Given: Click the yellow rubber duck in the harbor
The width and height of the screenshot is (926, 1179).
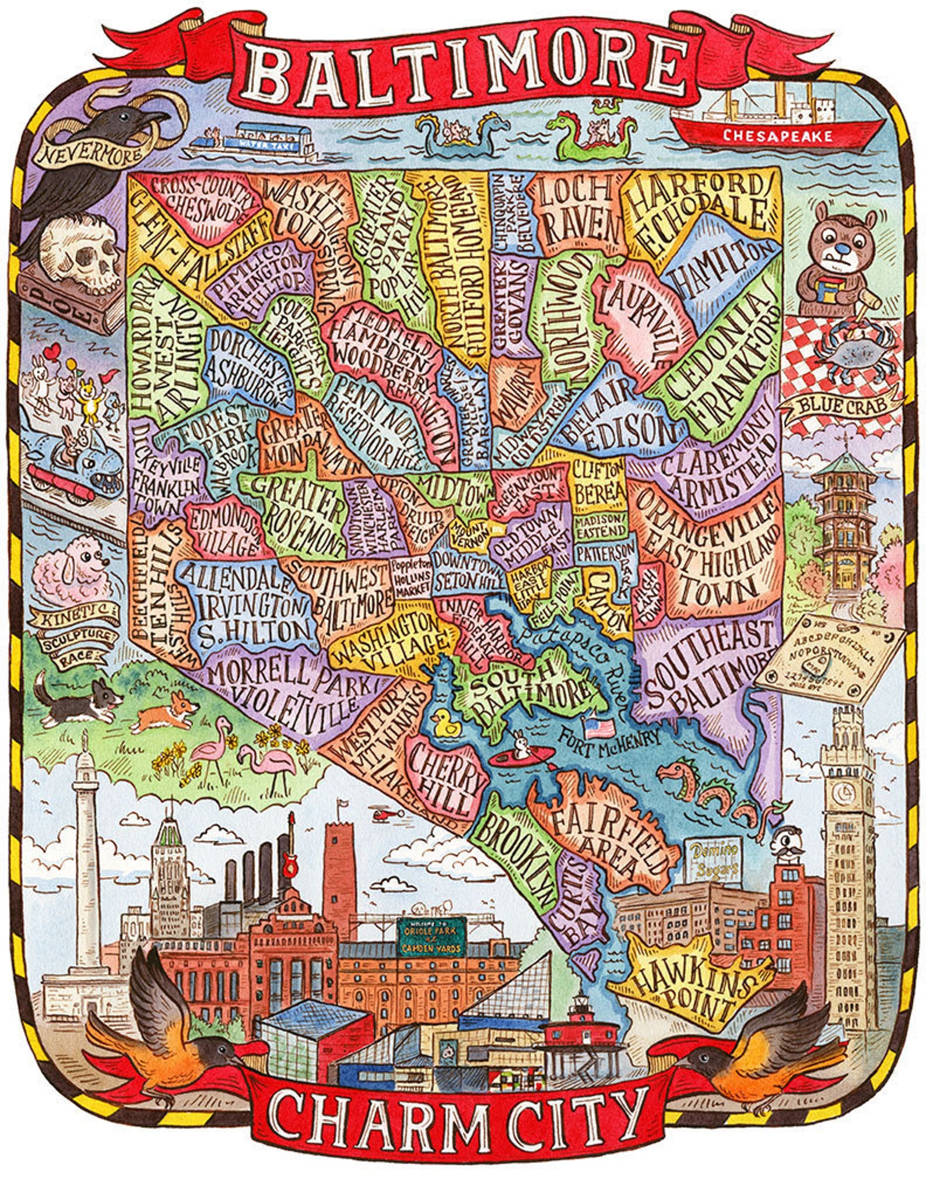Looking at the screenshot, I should (x=446, y=725).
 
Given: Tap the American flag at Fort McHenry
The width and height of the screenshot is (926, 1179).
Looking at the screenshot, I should (x=599, y=727).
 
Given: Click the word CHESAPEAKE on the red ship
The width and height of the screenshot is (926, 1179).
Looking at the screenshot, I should (x=777, y=136).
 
